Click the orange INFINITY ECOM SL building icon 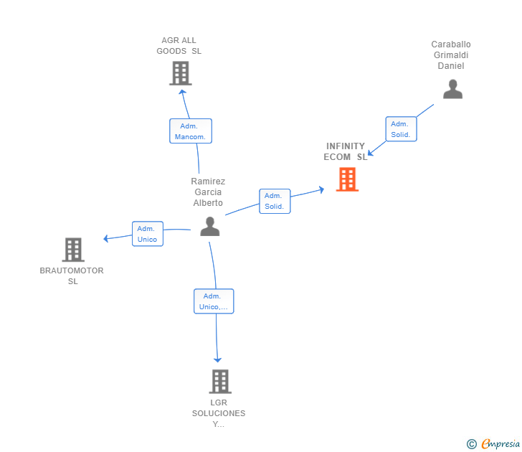pyautogui.click(x=348, y=179)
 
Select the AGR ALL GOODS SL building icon pyautogui.click(x=181, y=73)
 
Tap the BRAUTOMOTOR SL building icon pyautogui.click(x=73, y=250)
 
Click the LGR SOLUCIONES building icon pyautogui.click(x=220, y=381)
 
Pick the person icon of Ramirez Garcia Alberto pyautogui.click(x=209, y=226)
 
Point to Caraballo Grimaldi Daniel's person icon pyautogui.click(x=452, y=89)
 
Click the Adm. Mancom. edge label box pyautogui.click(x=191, y=131)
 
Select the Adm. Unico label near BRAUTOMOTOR pyautogui.click(x=148, y=234)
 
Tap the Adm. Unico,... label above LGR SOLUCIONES pyautogui.click(x=214, y=301)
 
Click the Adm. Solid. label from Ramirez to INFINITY pyautogui.click(x=275, y=202)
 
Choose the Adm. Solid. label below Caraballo pyautogui.click(x=401, y=129)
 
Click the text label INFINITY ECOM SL pyautogui.click(x=346, y=151)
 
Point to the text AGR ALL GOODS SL pyautogui.click(x=179, y=46)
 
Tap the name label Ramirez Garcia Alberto pyautogui.click(x=208, y=192)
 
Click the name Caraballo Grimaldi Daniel pyautogui.click(x=451, y=55)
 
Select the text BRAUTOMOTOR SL pyautogui.click(x=72, y=276)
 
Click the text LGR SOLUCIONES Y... pyautogui.click(x=219, y=413)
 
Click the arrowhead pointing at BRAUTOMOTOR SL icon pyautogui.click(x=106, y=238)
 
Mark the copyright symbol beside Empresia pyautogui.click(x=471, y=444)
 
